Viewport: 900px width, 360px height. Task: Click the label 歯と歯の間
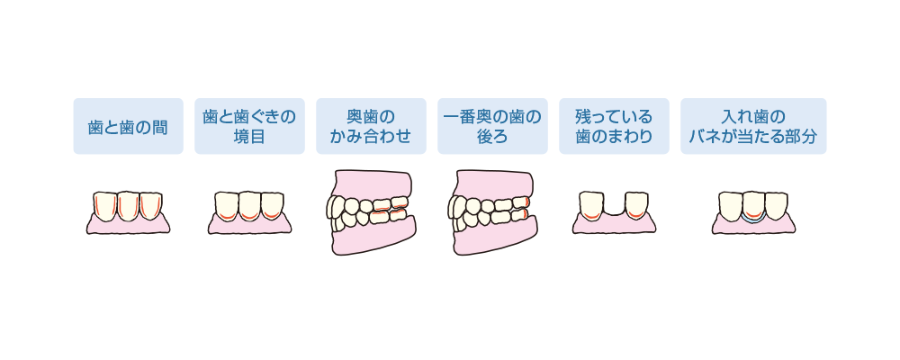point(128,126)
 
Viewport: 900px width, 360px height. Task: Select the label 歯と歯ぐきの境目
point(249,126)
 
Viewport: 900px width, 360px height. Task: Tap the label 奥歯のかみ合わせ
point(371,126)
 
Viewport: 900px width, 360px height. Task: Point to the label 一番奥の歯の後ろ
point(492,126)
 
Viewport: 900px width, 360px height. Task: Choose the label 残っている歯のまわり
point(614,126)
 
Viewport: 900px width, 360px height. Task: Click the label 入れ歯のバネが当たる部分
point(753,126)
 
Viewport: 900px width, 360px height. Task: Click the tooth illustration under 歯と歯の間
point(128,212)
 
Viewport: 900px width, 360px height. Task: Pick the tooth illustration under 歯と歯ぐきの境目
point(249,212)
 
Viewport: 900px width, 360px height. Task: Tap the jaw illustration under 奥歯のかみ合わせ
point(372,212)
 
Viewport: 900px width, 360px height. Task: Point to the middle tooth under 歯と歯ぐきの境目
point(249,204)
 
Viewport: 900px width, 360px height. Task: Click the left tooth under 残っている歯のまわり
point(591,204)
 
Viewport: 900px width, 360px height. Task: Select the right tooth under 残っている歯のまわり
point(636,204)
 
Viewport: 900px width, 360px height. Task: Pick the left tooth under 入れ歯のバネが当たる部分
point(730,204)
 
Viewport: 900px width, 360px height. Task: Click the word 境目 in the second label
point(249,137)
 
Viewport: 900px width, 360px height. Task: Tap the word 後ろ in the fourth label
point(492,137)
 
